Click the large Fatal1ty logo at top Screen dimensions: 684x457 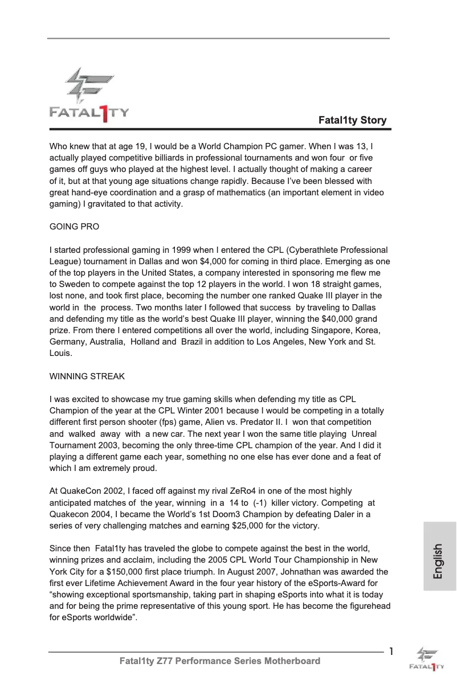(x=89, y=94)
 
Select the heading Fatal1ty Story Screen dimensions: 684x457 (x=352, y=120)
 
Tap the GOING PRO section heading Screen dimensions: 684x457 (x=74, y=227)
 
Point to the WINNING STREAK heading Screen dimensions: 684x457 (x=87, y=376)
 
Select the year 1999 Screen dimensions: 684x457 (x=184, y=250)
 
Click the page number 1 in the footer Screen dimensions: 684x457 (x=391, y=652)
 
